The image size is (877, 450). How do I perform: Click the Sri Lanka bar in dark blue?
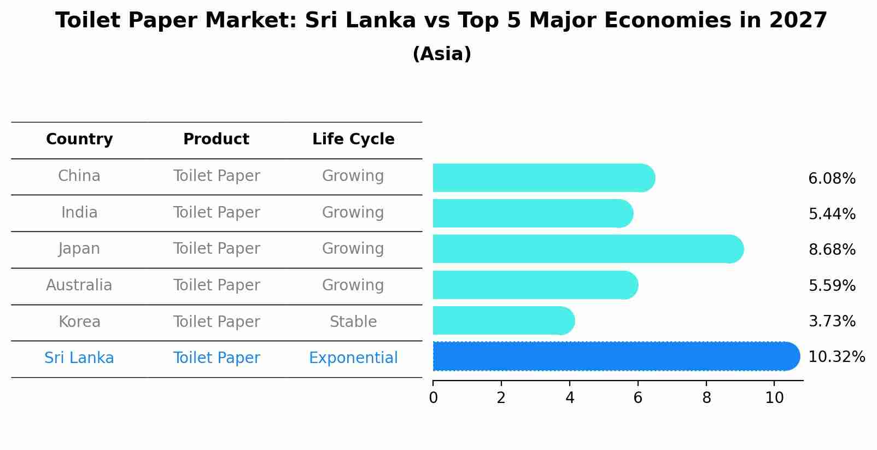[x=612, y=357]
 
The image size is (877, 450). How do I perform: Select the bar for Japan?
[x=585, y=249]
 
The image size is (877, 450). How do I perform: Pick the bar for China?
[x=541, y=178]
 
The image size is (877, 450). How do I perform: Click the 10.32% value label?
[x=836, y=357]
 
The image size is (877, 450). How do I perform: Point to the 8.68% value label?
[x=832, y=250]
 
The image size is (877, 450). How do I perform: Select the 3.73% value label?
[x=832, y=322]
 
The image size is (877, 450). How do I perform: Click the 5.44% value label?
[x=832, y=214]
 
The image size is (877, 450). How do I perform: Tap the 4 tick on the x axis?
[x=570, y=398]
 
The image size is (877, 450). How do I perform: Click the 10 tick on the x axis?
[x=774, y=398]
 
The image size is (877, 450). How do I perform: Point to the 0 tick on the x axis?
[x=433, y=398]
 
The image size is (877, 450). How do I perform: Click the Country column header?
[x=79, y=139]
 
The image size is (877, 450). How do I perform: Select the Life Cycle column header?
[x=353, y=139]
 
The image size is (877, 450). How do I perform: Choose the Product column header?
[x=216, y=139]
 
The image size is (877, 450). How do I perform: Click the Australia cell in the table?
[x=79, y=285]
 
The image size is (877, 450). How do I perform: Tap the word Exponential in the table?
[x=353, y=358]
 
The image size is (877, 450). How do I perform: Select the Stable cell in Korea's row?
[x=353, y=322]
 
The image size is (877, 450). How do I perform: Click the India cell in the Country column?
[x=79, y=213]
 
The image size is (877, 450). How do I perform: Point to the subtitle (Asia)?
[x=442, y=54]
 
